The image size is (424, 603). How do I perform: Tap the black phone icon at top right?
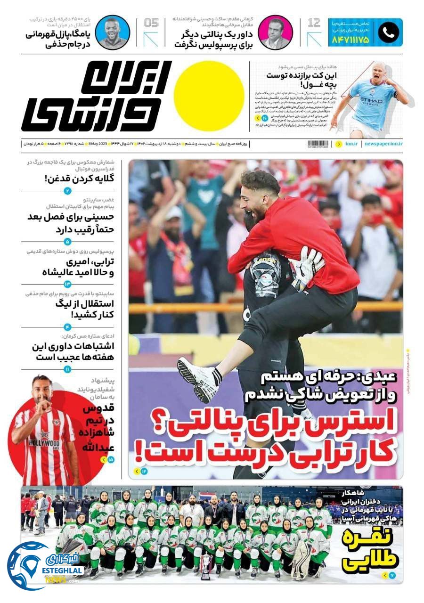click(388, 32)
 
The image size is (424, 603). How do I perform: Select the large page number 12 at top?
click(314, 23)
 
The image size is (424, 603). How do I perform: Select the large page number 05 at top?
click(151, 23)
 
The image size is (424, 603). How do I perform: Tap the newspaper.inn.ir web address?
click(383, 144)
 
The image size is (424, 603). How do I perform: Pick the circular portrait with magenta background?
click(276, 32)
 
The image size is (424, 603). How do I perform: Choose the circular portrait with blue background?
click(113, 32)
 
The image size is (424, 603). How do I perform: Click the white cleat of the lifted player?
click(198, 377)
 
